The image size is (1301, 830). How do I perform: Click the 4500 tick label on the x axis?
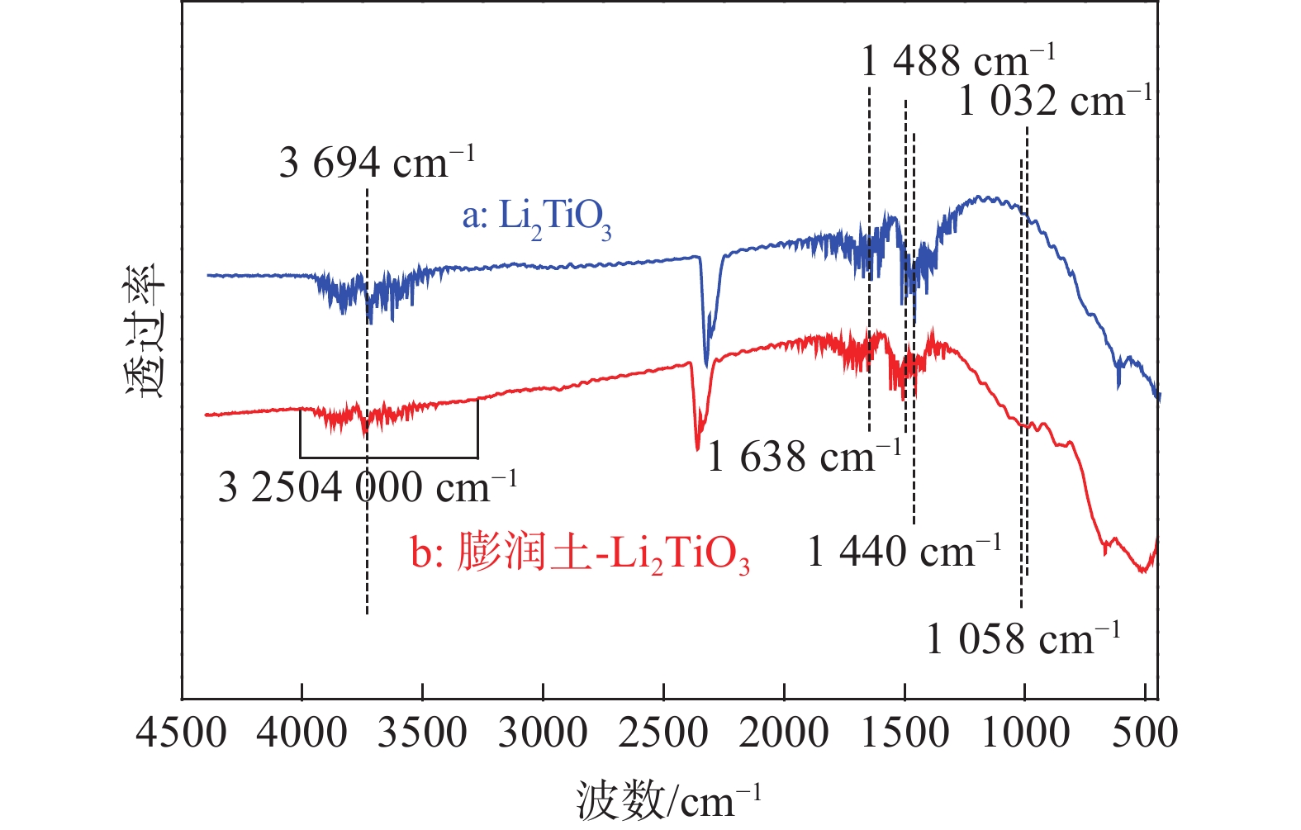pos(182,733)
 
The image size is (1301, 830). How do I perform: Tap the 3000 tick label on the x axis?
pos(543,733)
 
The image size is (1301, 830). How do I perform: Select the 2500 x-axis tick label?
pos(663,733)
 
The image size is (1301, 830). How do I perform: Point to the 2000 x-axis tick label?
pos(784,733)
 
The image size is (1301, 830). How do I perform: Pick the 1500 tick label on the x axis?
pos(905,733)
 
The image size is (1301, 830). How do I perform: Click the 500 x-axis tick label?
pos(1145,733)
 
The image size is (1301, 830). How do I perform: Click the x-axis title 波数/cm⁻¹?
pos(667,799)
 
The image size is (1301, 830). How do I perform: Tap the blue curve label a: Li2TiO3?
pos(537,217)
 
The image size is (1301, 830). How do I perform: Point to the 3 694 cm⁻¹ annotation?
pos(377,162)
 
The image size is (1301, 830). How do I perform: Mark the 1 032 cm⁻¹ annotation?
pos(1055,102)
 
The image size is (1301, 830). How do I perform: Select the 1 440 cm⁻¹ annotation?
pos(904,551)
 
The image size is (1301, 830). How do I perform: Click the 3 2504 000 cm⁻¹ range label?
pos(367,487)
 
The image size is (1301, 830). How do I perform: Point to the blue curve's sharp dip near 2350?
pos(706,363)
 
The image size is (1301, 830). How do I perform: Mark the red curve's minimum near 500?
pos(1144,570)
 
